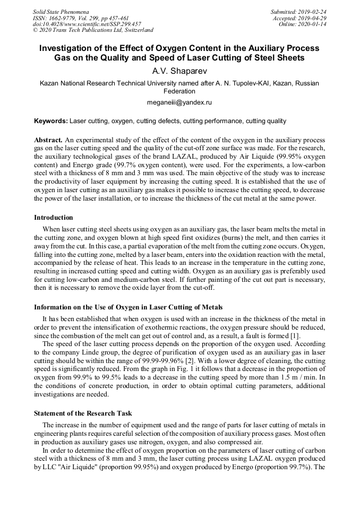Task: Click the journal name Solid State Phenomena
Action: coord(61,12)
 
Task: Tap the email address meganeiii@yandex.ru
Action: coord(179,102)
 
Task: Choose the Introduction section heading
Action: coord(54,218)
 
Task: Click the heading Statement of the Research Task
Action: coord(83,413)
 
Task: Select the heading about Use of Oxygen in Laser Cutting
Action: coord(128,307)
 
